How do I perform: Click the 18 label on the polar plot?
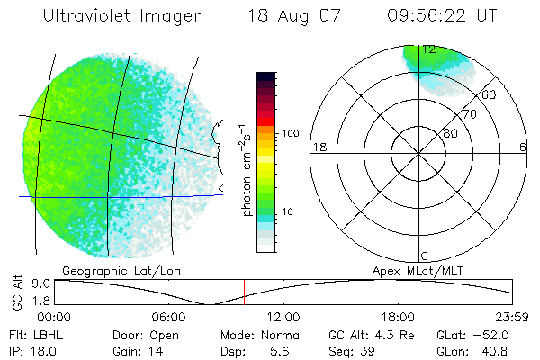pos(318,147)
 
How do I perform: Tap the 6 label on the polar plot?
pos(522,147)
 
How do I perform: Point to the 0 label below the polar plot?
pos(425,256)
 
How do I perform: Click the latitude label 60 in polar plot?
pos(490,94)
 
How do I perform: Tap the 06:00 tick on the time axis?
pos(168,317)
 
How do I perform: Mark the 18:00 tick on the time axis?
pos(398,317)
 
